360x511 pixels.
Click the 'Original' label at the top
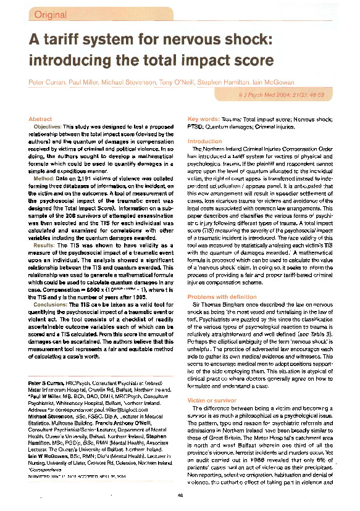point(51,14)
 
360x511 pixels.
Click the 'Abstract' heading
point(40,118)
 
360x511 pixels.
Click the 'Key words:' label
point(201,118)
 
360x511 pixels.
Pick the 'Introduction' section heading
point(204,141)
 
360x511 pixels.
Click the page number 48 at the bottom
point(180,497)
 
